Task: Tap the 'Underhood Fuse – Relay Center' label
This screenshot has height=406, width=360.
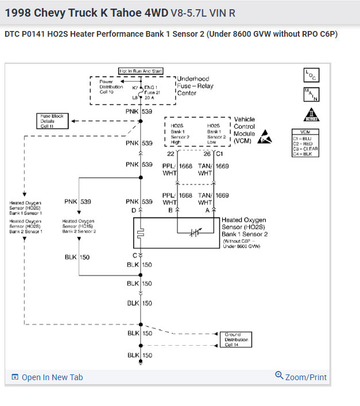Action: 193,86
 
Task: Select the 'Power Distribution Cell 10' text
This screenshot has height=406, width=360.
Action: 110,87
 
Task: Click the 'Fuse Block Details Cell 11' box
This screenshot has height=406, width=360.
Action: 52,121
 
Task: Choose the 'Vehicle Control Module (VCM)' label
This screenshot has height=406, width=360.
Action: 244,130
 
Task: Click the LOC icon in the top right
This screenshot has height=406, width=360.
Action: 311,75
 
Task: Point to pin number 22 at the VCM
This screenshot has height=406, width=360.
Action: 171,153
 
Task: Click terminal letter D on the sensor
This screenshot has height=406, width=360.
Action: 134,211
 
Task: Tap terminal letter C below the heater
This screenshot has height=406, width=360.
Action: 135,255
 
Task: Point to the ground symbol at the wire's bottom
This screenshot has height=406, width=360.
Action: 141,363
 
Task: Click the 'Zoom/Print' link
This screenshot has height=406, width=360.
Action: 301,377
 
